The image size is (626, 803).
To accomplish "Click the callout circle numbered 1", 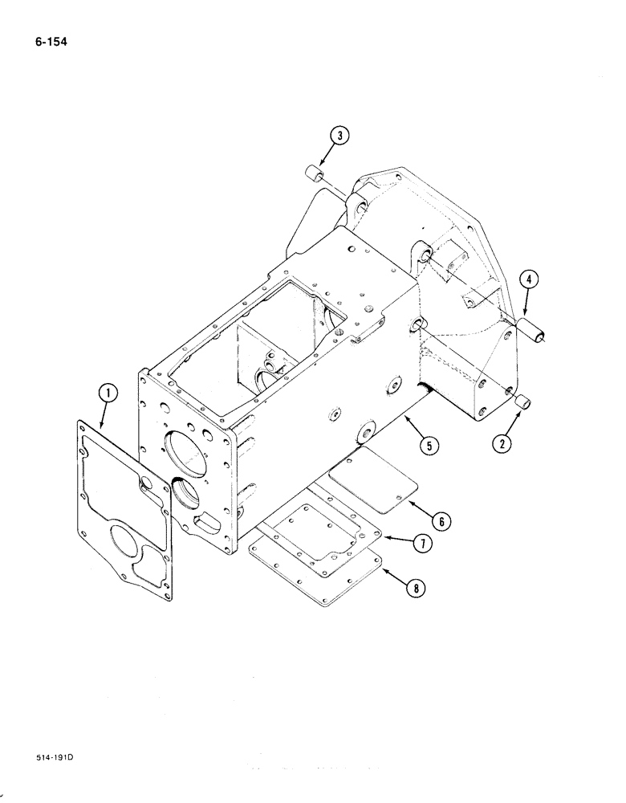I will tap(108, 393).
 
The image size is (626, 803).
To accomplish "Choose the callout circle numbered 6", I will tap(440, 520).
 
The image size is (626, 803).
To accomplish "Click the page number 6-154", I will tap(49, 37).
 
